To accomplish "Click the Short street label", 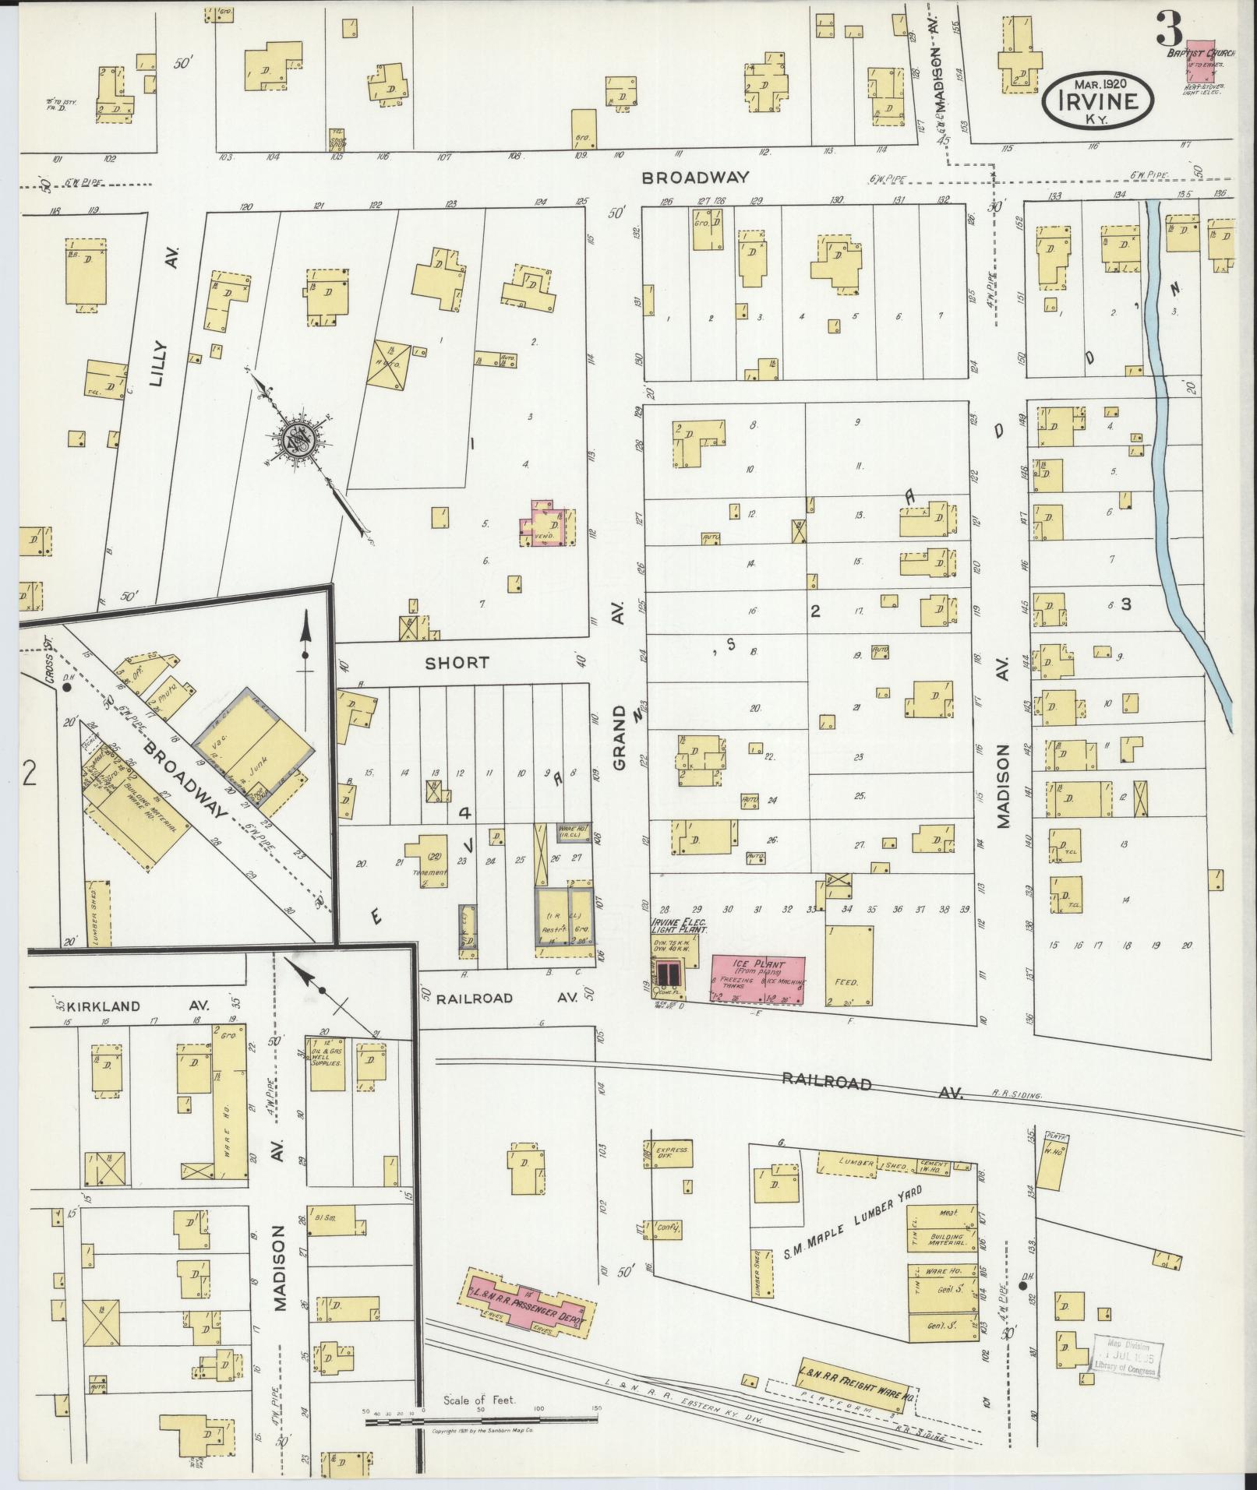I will [x=457, y=663].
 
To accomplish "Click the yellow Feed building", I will [x=849, y=966].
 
